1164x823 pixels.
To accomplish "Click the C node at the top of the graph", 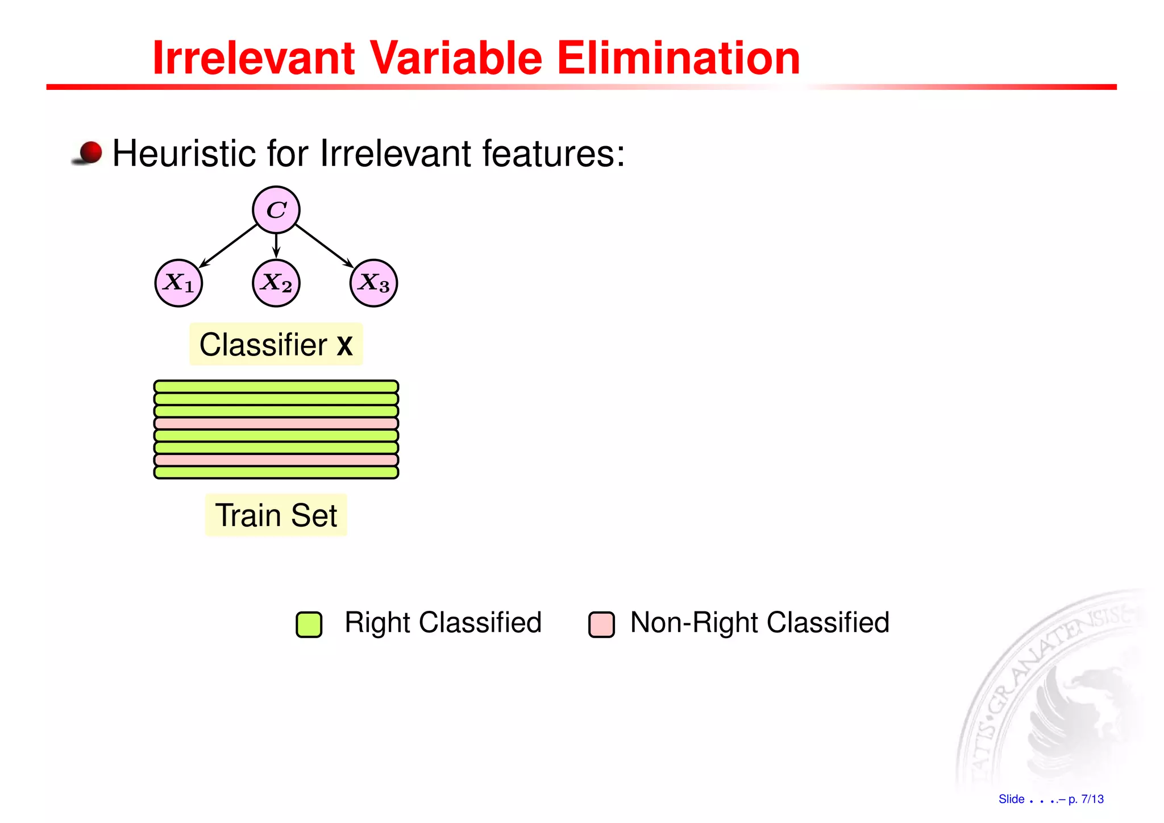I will pos(276,210).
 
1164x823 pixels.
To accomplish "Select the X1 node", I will pos(178,283).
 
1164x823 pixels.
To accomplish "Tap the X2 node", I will pos(276,283).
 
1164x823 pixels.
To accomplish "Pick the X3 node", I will pos(373,283).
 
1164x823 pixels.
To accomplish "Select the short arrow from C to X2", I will pos(276,246).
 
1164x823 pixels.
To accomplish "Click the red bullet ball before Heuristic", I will pos(90,152).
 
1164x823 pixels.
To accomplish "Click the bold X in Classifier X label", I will pos(344,346).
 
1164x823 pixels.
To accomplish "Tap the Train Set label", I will pos(276,515).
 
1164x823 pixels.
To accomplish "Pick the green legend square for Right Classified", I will pos(309,625).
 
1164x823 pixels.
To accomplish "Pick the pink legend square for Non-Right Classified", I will pos(601,625).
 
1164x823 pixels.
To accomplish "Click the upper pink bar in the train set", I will pos(276,423).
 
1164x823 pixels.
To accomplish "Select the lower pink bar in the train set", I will pos(276,460).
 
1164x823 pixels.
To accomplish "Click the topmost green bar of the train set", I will pos(276,387).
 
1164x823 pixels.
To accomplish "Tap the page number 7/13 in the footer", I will pos(1092,799).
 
